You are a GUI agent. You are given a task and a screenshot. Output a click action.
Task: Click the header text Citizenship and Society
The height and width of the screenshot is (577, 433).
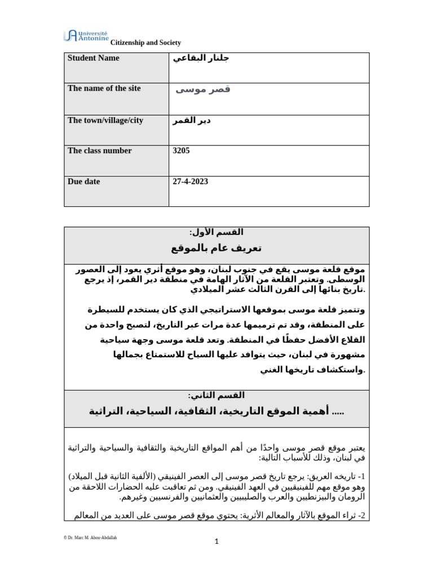click(x=145, y=43)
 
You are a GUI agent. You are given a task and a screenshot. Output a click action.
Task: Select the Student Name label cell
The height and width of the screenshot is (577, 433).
click(x=94, y=58)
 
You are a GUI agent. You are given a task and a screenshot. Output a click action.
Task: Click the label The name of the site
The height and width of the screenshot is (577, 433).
click(x=104, y=89)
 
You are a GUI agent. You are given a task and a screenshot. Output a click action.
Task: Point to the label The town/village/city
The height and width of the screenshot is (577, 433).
click(x=100, y=120)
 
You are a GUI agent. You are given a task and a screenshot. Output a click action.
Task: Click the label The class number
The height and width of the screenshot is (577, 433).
click(x=99, y=151)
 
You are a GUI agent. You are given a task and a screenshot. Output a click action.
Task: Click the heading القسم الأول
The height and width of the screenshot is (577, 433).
click(x=216, y=233)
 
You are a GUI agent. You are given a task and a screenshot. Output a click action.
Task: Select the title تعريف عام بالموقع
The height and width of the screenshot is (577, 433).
click(x=216, y=248)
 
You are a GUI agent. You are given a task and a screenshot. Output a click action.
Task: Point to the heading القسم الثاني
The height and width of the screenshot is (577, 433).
click(x=216, y=395)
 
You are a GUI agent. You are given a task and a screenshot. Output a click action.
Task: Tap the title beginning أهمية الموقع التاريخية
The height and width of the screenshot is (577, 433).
click(x=216, y=411)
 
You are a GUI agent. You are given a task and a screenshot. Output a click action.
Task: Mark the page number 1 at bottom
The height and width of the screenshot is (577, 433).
click(x=216, y=542)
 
